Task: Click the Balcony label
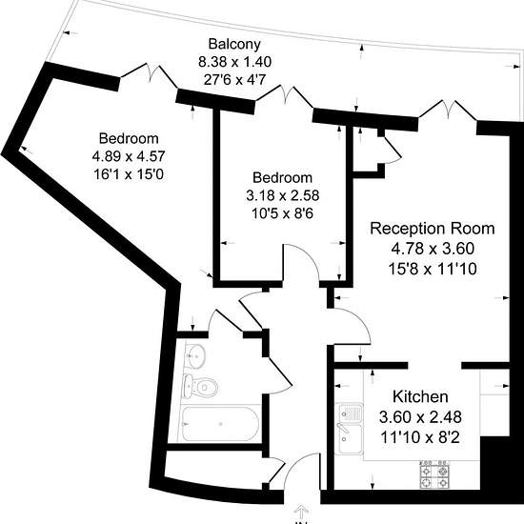pos(234,45)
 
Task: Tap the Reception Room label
pos(433,229)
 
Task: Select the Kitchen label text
pos(420,396)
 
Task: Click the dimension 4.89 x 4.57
pos(129,156)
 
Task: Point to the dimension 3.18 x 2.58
pos(283,195)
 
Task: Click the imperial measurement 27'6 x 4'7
pos(234,80)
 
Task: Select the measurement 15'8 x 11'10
pos(433,269)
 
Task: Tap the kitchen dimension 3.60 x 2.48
pos(420,417)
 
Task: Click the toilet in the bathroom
pos(201,387)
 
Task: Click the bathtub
pos(221,424)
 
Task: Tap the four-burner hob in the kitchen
pos(434,475)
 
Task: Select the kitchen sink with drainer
pos(349,429)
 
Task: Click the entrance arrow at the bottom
pos(301,512)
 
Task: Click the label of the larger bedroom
pos(129,138)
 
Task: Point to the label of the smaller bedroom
pos(282,177)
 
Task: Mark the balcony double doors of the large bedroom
pos(149,73)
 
